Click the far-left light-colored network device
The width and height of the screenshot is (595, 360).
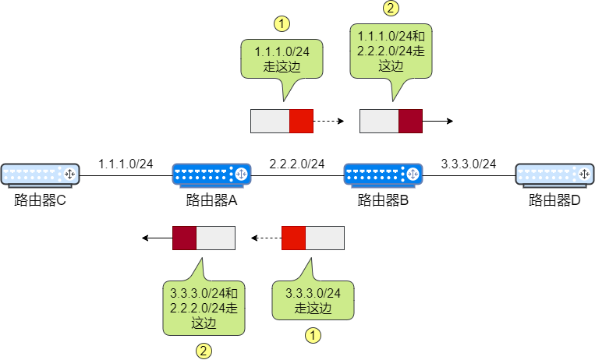tap(41, 174)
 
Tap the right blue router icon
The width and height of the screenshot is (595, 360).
tap(384, 174)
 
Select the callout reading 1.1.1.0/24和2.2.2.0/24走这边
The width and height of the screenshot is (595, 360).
tap(391, 51)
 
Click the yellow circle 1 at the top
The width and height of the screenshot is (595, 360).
tap(282, 23)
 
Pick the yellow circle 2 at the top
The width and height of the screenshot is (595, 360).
tap(391, 9)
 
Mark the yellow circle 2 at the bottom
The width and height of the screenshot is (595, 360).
tap(204, 351)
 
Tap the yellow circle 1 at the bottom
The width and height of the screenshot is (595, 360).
tap(313, 336)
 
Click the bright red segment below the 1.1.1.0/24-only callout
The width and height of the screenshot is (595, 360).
tap(301, 121)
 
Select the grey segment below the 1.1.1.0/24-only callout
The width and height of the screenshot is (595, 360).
tap(270, 121)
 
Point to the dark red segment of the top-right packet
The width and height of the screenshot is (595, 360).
tap(410, 121)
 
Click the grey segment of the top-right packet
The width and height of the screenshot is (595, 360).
tap(379, 121)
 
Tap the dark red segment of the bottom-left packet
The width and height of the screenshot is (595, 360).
tap(184, 238)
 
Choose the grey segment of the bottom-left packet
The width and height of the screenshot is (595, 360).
tap(215, 238)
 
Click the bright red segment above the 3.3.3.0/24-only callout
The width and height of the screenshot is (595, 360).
tap(293, 238)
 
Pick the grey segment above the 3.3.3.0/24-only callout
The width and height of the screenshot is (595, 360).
tap(324, 238)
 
